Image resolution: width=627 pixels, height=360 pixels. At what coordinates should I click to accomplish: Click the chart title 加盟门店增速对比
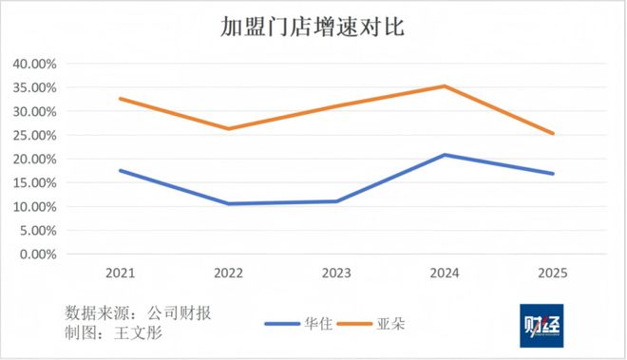tap(313, 28)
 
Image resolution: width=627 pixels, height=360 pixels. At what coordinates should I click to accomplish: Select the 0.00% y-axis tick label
tap(39, 254)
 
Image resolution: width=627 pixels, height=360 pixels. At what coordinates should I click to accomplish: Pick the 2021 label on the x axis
tap(120, 274)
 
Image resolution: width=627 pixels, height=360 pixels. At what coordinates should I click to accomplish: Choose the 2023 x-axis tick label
tap(336, 274)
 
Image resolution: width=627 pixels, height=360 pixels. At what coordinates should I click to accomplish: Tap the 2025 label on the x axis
tap(553, 274)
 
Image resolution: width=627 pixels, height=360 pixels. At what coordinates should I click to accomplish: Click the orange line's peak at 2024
tap(445, 86)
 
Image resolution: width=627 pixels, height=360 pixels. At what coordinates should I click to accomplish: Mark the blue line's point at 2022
tap(228, 203)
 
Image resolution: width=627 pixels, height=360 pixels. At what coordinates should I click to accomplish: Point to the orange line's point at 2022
tap(228, 129)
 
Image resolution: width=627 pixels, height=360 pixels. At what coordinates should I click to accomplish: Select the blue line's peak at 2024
tap(445, 155)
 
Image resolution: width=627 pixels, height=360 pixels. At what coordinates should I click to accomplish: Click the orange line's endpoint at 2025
tap(553, 134)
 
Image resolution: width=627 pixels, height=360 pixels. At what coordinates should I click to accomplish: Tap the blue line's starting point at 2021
tap(120, 170)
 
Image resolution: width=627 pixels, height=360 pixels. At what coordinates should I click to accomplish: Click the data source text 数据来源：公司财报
tap(134, 313)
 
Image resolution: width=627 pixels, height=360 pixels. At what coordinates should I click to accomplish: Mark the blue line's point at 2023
tap(336, 201)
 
